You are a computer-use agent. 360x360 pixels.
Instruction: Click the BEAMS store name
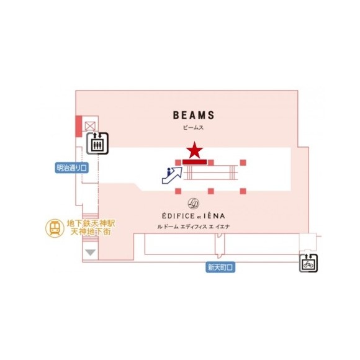click(194, 115)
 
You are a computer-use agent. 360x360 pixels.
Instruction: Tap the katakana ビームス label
click(193, 128)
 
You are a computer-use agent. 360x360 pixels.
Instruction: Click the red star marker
click(194, 150)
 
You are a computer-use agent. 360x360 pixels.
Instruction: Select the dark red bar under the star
click(194, 162)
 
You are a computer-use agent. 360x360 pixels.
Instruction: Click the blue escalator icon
click(172, 176)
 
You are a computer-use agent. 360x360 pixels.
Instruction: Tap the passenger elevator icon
click(97, 143)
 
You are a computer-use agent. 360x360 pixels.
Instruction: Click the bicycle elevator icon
click(308, 263)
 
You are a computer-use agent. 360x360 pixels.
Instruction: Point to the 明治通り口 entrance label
click(71, 168)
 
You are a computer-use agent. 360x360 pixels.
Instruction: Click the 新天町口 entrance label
click(220, 268)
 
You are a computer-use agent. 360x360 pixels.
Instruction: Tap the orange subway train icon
click(55, 228)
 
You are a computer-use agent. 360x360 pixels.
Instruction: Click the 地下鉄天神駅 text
click(91, 223)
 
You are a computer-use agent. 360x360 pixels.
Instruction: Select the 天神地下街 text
click(91, 232)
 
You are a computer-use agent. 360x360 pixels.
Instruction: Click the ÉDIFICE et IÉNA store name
click(193, 216)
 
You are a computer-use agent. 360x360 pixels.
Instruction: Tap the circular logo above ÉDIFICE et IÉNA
click(194, 204)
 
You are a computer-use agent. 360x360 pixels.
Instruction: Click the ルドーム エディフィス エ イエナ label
click(193, 227)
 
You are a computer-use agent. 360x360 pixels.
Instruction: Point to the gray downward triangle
click(90, 253)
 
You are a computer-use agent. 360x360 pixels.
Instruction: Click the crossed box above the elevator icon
click(90, 126)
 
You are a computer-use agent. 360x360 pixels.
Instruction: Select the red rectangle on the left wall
click(79, 126)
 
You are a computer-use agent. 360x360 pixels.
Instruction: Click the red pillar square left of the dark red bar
click(178, 163)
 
